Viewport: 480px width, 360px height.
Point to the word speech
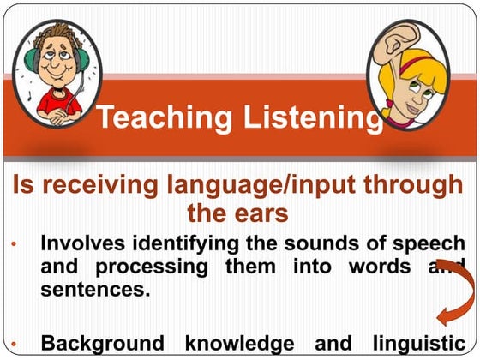[434, 244]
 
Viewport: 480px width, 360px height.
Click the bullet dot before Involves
[16, 245]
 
